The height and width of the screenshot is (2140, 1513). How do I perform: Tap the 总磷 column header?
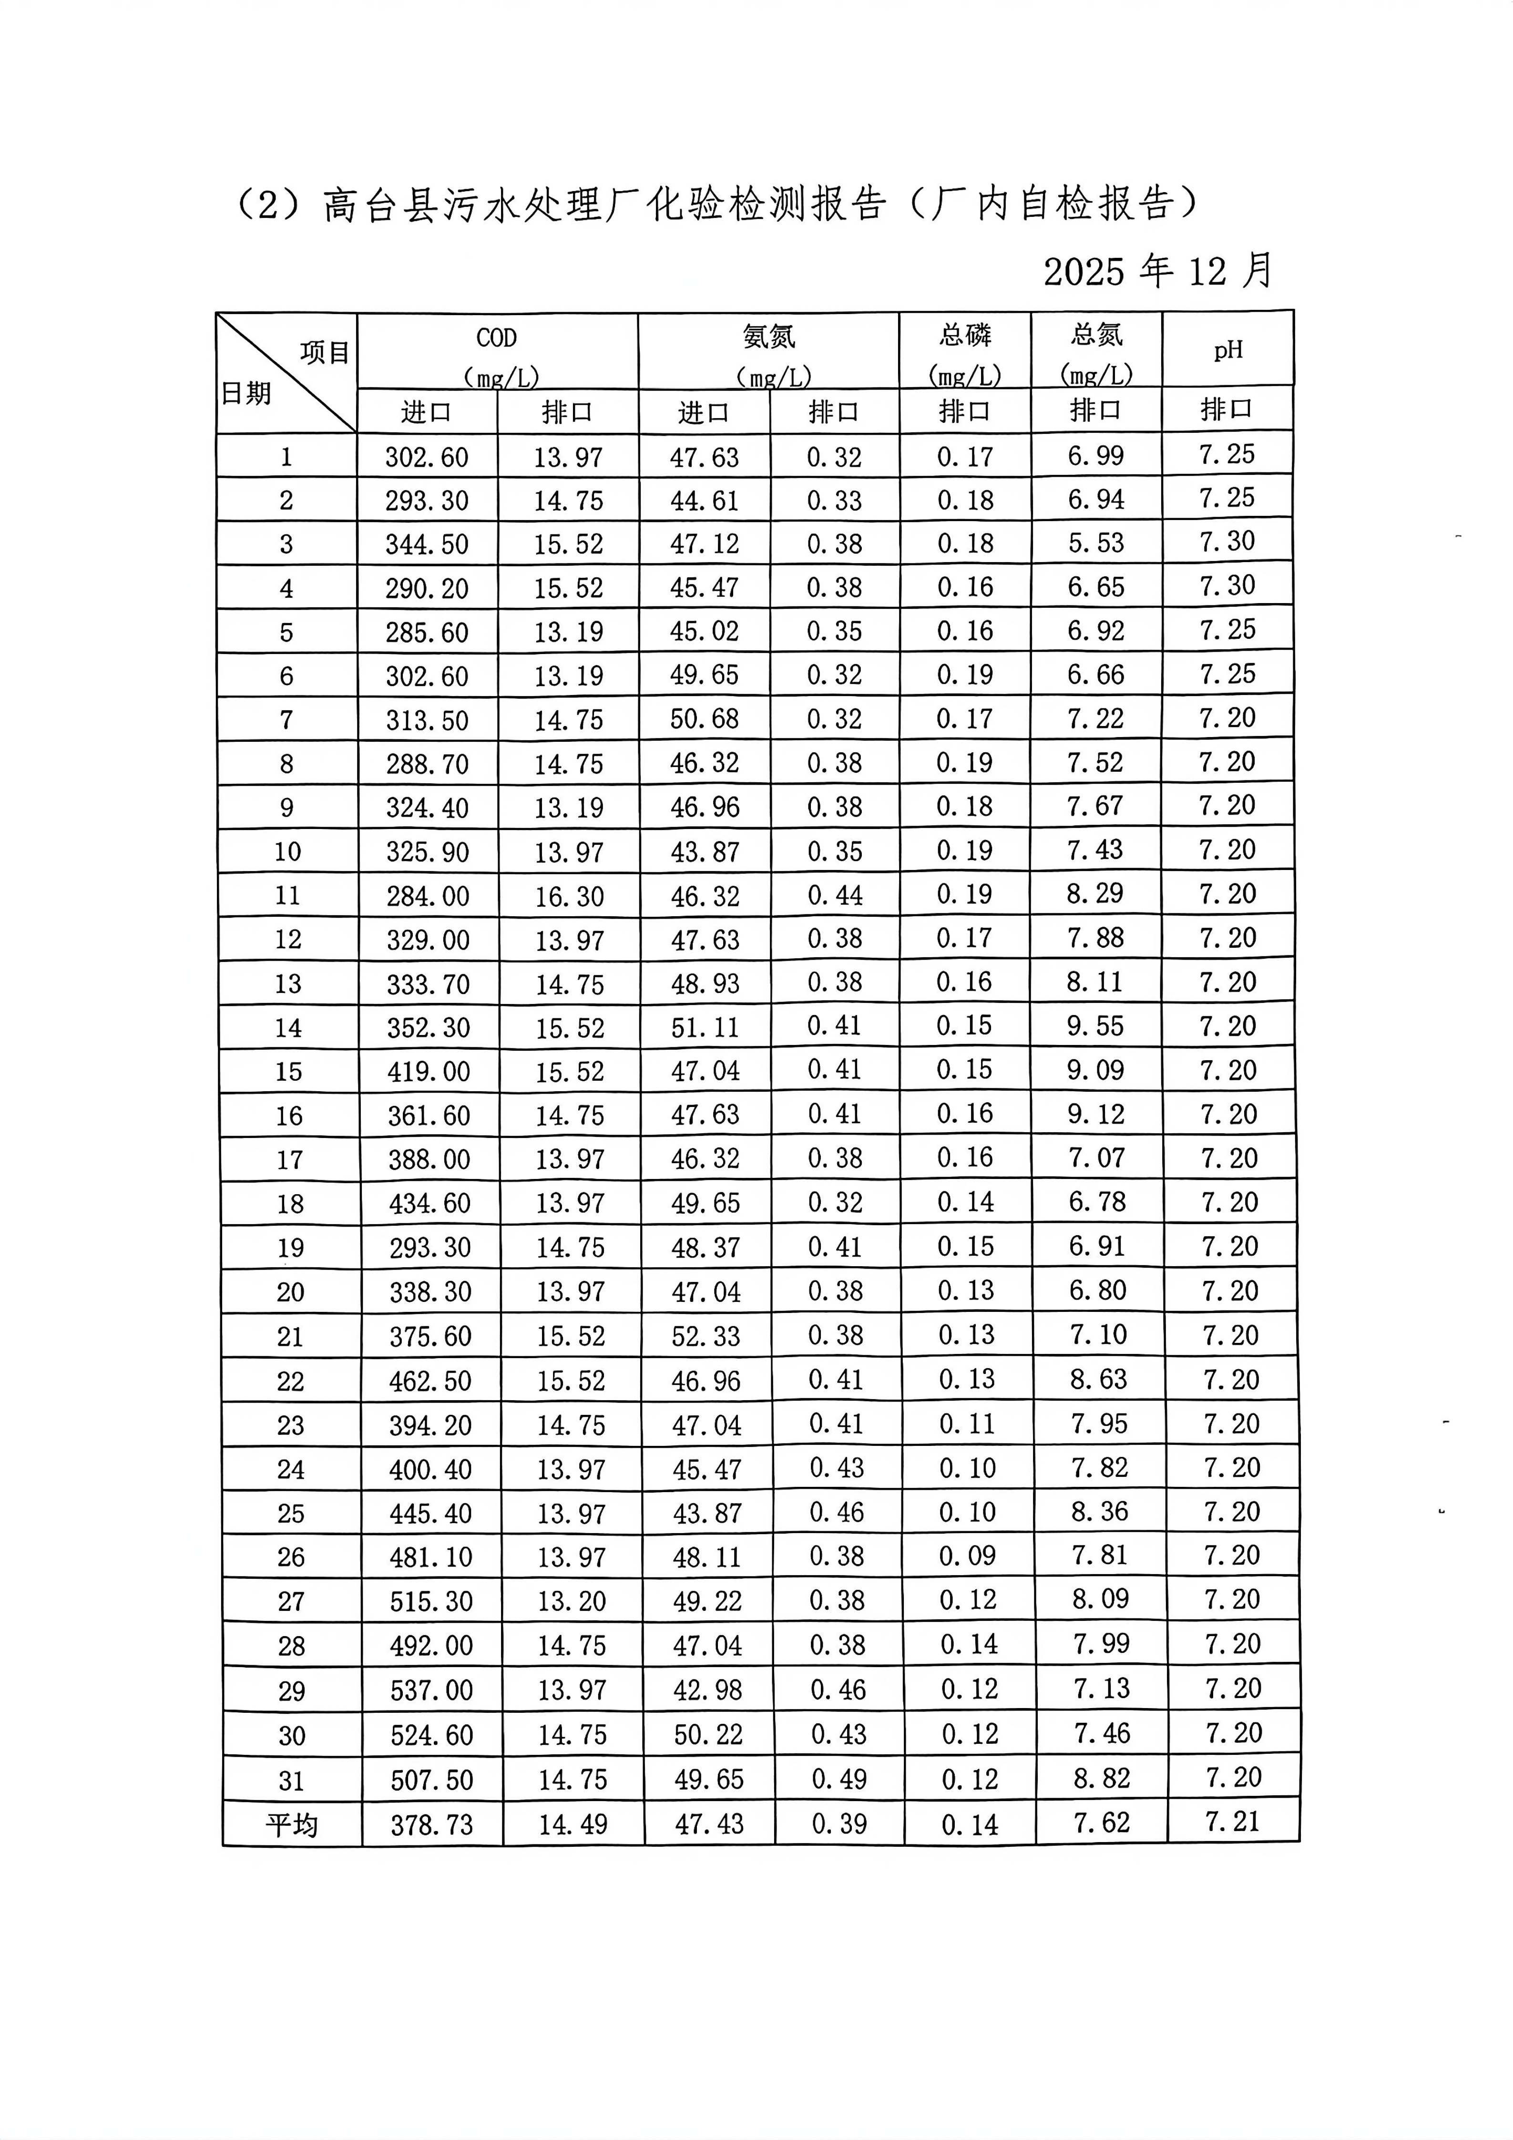(x=965, y=335)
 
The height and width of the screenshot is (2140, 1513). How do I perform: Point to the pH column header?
(x=1228, y=350)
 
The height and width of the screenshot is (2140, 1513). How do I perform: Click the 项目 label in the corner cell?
(x=325, y=352)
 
